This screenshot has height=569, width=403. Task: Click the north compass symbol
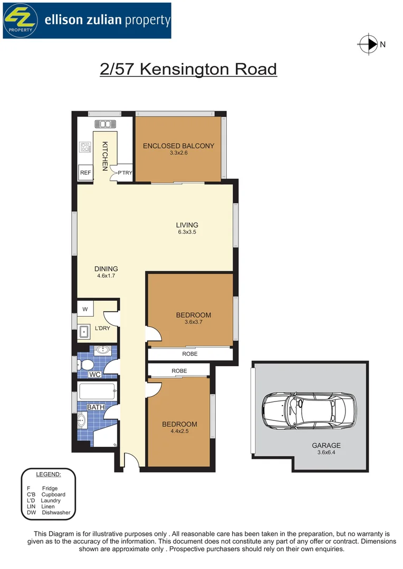coord(368,45)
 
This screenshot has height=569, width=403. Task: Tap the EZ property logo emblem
coord(21,20)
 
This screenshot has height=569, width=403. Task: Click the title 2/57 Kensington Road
coord(188,70)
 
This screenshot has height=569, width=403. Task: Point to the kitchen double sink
coord(104,124)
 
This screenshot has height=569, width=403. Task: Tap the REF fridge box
coord(85,173)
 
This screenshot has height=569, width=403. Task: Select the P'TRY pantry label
coord(125,173)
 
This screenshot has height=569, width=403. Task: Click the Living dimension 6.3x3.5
coord(187,232)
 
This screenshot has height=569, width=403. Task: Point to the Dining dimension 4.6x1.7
coord(107,276)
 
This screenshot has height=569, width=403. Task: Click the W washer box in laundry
coord(85,309)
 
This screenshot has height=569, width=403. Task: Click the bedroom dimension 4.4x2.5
coord(179,431)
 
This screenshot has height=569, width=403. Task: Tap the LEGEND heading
coord(48,475)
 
